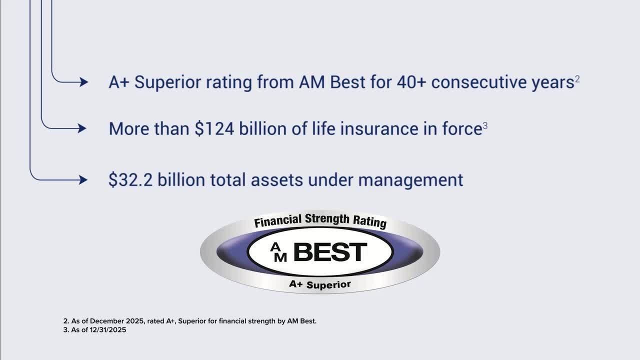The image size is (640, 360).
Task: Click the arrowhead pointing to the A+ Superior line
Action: point(83,82)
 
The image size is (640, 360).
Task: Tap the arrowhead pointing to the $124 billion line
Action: point(82,128)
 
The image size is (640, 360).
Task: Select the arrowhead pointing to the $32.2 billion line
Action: point(83,180)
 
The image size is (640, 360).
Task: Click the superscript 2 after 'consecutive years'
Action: point(577,79)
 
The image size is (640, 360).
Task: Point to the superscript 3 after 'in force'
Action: point(485,125)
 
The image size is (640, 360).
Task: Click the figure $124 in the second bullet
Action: point(214,128)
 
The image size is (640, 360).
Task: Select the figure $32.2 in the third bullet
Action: point(130,180)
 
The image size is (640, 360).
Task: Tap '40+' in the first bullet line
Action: point(411,82)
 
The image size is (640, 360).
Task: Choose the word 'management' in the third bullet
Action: point(410,180)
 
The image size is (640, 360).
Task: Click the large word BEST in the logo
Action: point(330,252)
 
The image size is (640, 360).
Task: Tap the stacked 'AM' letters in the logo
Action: point(278,252)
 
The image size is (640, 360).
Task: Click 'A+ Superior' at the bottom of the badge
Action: point(320,285)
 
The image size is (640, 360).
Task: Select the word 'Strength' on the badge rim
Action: point(327,219)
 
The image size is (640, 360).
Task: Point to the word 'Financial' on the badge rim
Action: point(278,221)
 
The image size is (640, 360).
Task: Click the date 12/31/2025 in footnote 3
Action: point(107,330)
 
